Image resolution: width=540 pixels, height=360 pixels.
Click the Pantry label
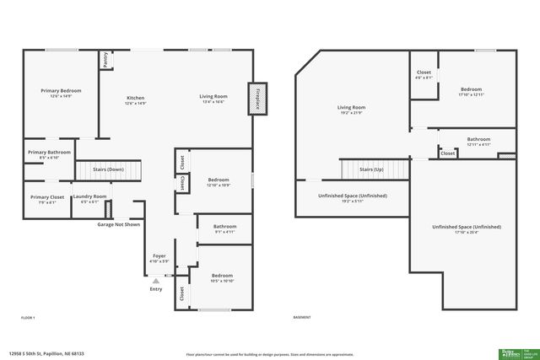[105, 60]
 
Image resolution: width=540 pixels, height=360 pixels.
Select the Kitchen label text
[136, 97]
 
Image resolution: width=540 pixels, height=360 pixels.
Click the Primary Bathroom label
[49, 153]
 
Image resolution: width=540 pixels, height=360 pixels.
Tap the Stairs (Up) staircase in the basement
[372, 169]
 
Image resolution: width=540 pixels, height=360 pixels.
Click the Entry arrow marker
[155, 281]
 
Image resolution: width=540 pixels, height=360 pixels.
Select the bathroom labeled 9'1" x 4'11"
[224, 228]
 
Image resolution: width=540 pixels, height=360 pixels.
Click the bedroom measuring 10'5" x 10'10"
[222, 278]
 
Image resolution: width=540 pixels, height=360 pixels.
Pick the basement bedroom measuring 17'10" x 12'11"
[471, 91]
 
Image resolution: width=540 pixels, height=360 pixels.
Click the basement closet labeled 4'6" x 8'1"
[424, 74]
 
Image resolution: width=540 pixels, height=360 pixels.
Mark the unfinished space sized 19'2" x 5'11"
[352, 198]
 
